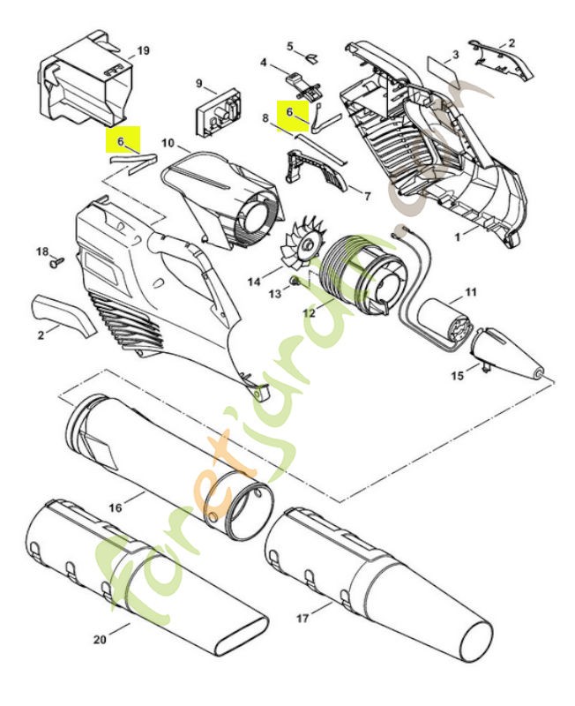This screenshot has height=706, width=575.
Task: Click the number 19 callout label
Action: tap(143, 51)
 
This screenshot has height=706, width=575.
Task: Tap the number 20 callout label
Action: tap(99, 638)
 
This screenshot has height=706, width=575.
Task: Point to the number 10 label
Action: tap(168, 143)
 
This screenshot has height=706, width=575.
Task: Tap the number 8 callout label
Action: tap(265, 117)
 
